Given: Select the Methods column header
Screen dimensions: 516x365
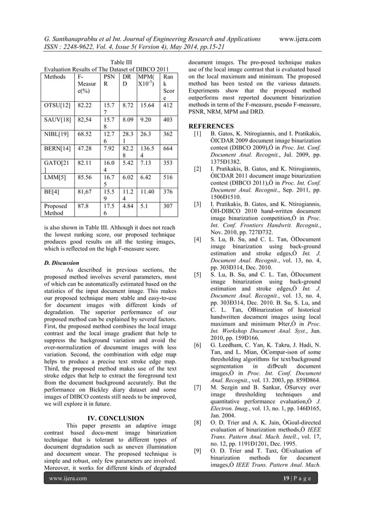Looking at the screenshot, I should pyautogui.click(x=56, y=76).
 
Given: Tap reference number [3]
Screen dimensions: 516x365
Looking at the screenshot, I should pyautogui.click(x=197, y=204).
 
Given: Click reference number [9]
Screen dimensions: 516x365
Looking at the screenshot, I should pyautogui.click(x=197, y=451).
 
